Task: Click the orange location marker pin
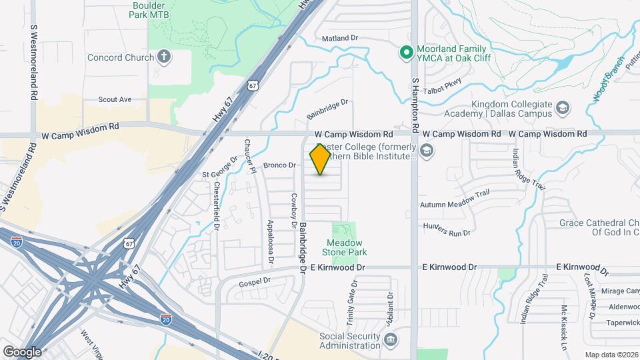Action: click(x=321, y=159)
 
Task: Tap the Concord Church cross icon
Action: click(x=164, y=57)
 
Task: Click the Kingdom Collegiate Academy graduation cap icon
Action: click(x=563, y=107)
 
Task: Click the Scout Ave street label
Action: click(x=115, y=99)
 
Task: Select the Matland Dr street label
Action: click(x=340, y=39)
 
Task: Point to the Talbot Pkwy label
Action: click(x=442, y=83)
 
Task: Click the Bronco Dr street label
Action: click(x=279, y=165)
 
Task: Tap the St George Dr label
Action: click(x=220, y=167)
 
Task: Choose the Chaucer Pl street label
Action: click(x=249, y=157)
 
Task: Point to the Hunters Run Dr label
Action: click(x=446, y=230)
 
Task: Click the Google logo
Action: click(x=22, y=351)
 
